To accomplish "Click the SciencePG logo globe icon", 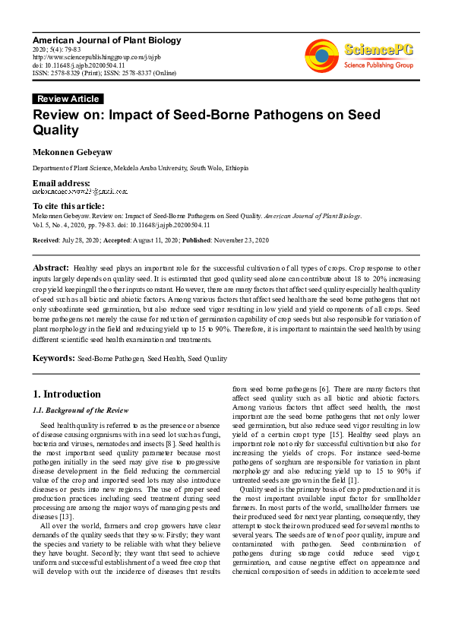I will pos(321,55).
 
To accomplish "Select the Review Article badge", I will pos(68,99).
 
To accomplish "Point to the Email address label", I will pos(61,183).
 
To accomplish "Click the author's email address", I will pos(79,192).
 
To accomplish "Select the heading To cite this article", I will pos(68,206).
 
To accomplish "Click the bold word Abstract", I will pos(51,268).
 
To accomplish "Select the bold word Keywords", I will pos(52,358).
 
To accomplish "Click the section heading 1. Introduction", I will pos(67,394).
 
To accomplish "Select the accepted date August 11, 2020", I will pos(162,240).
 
